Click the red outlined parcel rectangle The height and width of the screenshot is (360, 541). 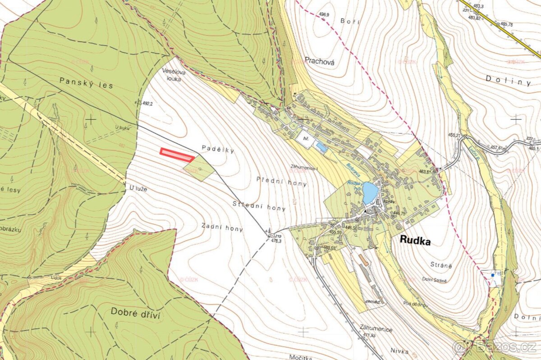(177, 155)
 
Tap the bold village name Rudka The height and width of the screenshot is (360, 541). (415, 242)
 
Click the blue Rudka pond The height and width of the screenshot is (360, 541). (370, 193)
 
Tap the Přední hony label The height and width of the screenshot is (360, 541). (281, 181)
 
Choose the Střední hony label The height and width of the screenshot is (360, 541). (259, 206)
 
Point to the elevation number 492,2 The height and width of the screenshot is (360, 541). (147, 103)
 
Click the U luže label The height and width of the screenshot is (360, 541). (138, 189)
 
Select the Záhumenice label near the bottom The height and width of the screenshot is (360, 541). (376, 329)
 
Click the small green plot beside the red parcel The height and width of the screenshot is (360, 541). (199, 168)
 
